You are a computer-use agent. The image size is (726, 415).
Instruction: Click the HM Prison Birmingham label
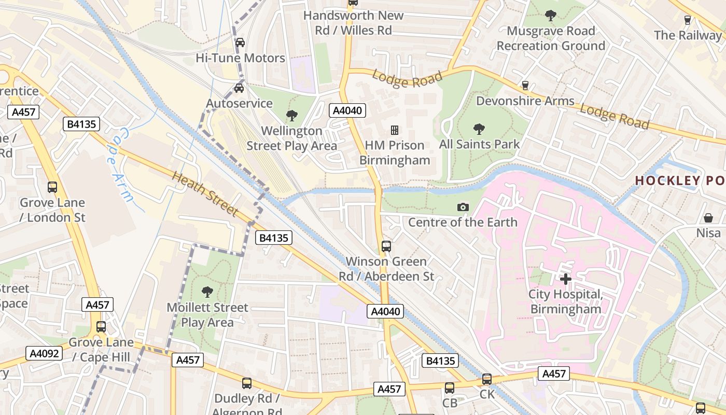pos(395,153)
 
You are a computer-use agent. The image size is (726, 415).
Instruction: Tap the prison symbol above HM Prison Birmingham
pos(395,130)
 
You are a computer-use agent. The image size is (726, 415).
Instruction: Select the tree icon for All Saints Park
pos(479,129)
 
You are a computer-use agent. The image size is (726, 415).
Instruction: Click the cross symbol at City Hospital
pos(565,279)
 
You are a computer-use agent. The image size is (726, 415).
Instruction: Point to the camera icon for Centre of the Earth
pos(463,208)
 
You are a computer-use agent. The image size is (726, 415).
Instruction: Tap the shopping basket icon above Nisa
pos(708,218)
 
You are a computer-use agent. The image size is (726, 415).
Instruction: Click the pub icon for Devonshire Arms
pos(525,86)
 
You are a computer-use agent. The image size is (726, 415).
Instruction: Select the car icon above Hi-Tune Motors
pos(240,43)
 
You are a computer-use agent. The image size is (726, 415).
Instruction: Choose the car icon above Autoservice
pos(239,88)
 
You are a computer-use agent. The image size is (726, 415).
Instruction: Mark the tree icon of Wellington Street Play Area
pos(292,115)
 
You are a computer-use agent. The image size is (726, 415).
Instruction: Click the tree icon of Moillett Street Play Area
pos(207,292)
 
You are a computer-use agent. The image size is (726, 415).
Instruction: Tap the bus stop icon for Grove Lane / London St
pos(52,187)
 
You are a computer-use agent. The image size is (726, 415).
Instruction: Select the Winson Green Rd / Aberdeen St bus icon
pos(386,246)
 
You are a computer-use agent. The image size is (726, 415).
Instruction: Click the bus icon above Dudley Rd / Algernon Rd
pos(247,383)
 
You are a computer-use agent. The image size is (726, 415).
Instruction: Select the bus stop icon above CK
pos(486,379)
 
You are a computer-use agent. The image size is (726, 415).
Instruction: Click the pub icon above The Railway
pos(688,20)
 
